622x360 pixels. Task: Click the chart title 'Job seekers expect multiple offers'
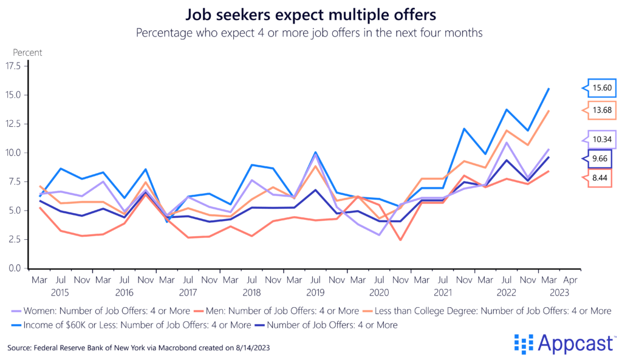pyautogui.click(x=310, y=14)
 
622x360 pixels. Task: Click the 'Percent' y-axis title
pyautogui.click(x=27, y=53)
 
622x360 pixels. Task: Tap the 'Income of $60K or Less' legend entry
pyautogui.click(x=109, y=325)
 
